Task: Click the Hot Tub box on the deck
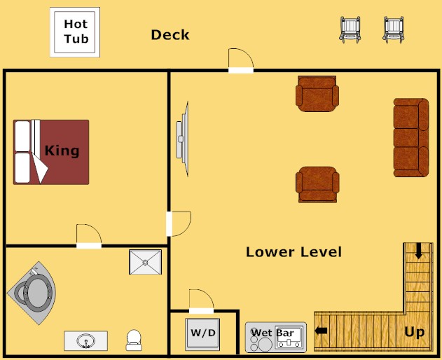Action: pos(75,32)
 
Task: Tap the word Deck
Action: pos(170,35)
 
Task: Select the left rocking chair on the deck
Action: pos(350,29)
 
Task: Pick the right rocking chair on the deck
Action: pos(394,29)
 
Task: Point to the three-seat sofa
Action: pos(410,138)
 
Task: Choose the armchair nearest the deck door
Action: pos(317,94)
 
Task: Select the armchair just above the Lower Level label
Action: pos(317,184)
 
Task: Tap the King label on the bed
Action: pos(62,151)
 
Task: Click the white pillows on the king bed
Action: pos(23,152)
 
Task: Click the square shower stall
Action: pos(145,262)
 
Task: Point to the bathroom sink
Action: pos(86,341)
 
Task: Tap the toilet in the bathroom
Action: pos(134,340)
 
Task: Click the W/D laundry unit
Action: pos(203,333)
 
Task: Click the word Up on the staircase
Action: pos(414,332)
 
